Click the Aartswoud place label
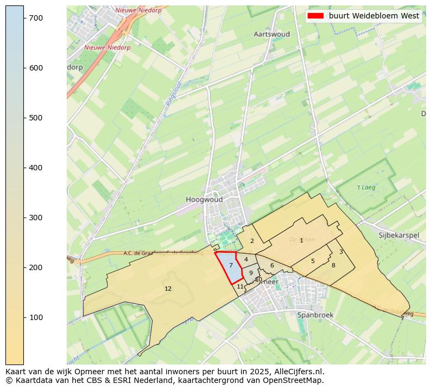[271, 34]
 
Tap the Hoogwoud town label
[204, 200]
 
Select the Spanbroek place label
[314, 315]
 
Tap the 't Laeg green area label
[366, 188]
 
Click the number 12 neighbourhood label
[168, 289]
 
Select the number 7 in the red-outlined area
[231, 265]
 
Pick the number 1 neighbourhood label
[301, 240]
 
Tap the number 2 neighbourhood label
[252, 241]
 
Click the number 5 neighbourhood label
[313, 261]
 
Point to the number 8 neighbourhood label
[333, 265]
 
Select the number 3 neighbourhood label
[341, 252]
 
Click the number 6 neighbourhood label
[272, 266]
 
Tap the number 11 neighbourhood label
[240, 286]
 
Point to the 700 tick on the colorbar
[36, 18]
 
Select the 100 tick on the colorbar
[36, 317]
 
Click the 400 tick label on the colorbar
[36, 168]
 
